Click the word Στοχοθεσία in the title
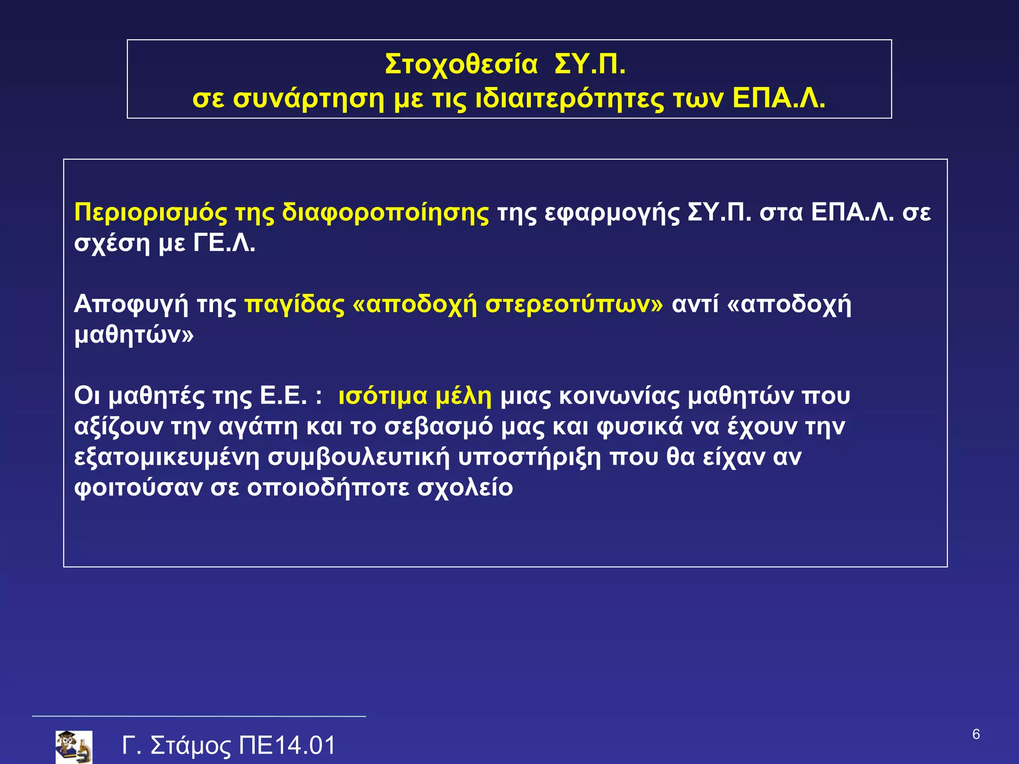point(461,65)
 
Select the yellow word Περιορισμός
point(150,213)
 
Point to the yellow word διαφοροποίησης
point(385,213)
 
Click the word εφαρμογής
point(612,213)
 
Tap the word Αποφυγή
point(131,304)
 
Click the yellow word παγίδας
point(294,304)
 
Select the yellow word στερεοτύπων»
point(574,304)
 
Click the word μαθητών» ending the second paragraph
point(134,335)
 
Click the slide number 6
point(976,734)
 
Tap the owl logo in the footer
point(74,747)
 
